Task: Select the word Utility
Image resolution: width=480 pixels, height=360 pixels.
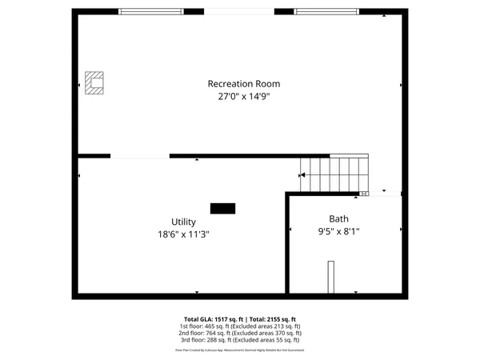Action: pos(183,222)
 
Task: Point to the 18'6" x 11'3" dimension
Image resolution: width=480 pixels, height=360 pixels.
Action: pos(183,234)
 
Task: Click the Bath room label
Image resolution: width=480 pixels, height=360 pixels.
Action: pos(339,218)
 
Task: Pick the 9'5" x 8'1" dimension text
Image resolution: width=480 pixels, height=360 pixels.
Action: pos(339,231)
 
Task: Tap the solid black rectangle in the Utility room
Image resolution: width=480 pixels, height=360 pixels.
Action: pos(222,208)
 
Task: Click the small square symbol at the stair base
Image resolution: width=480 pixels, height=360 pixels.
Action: pos(365,193)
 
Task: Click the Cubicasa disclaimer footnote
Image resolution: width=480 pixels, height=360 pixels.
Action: pos(240,350)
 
